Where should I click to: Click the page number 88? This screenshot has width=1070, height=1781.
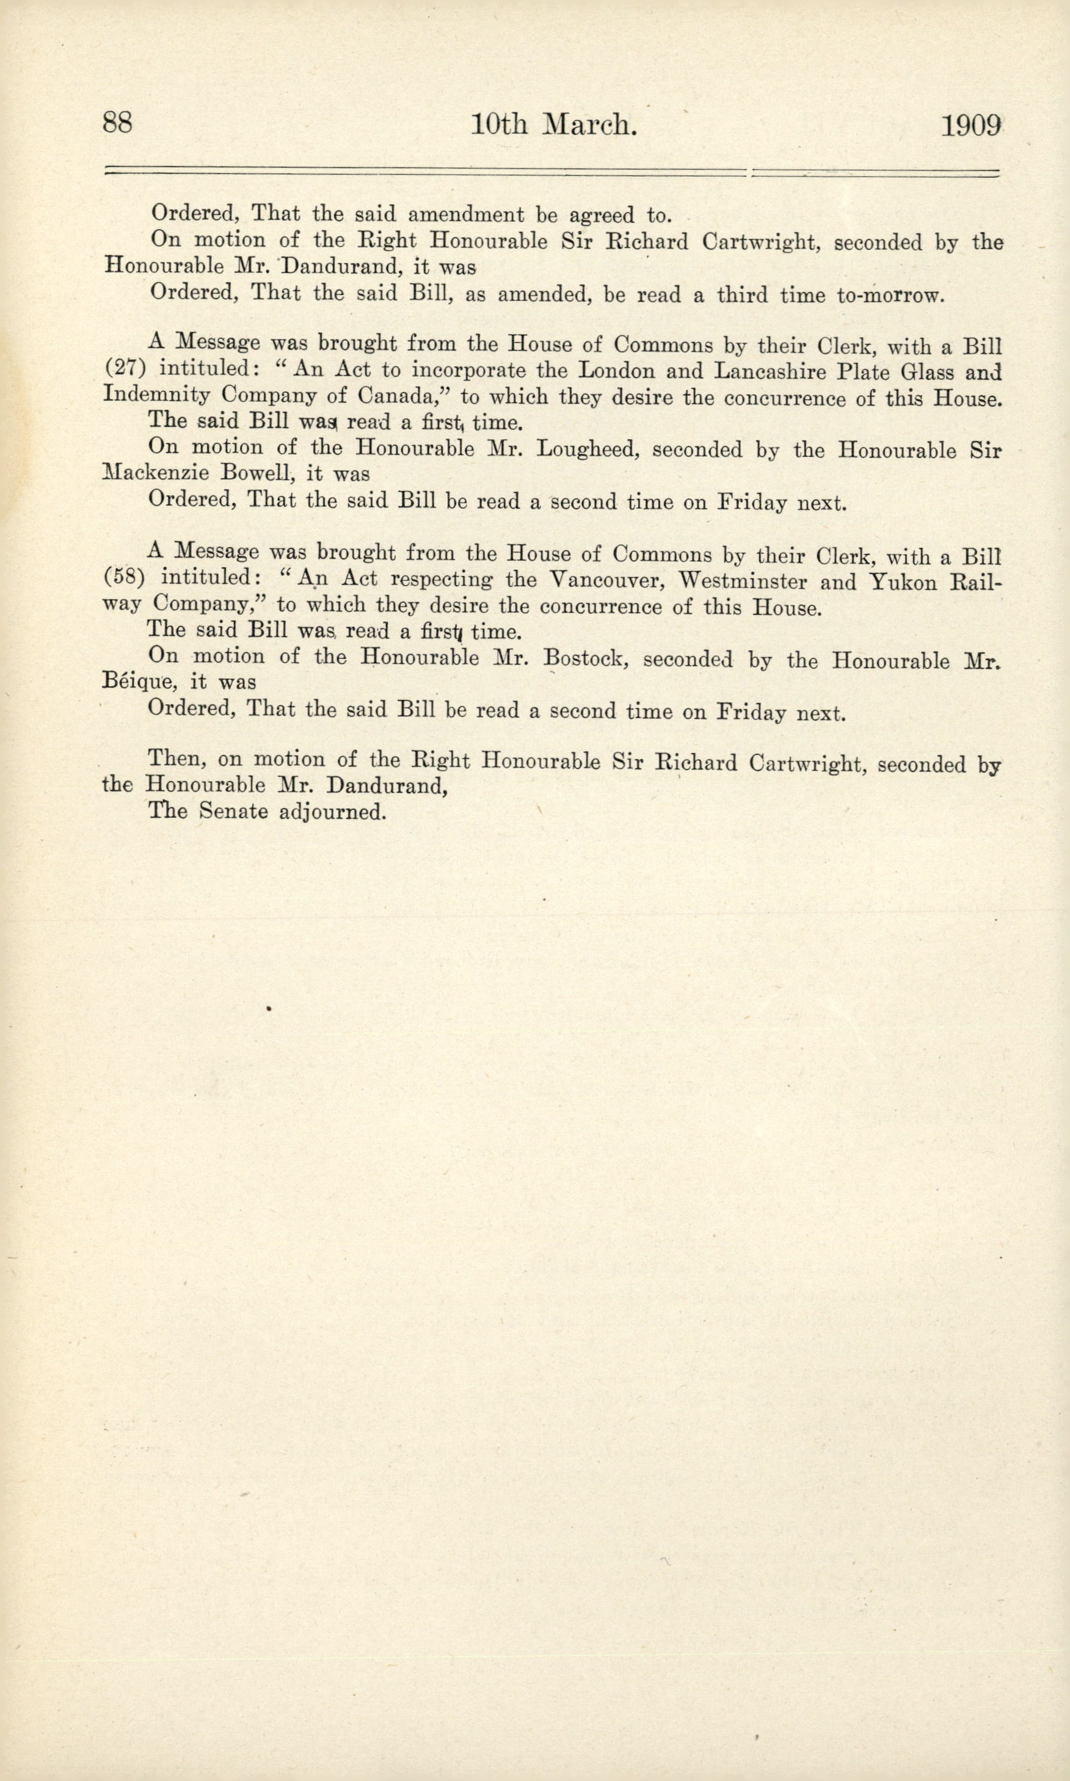[x=117, y=122]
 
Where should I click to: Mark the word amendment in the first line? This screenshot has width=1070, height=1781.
[x=466, y=214]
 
